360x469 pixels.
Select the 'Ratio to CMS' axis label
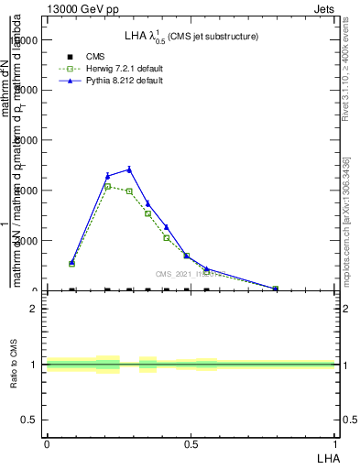coord(15,365)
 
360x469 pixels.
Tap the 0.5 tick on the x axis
coord(191,444)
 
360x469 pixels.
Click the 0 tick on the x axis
coord(47,444)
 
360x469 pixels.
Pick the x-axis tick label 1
coord(334,444)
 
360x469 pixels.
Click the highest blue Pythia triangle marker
coord(129,169)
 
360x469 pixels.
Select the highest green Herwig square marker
coord(108,186)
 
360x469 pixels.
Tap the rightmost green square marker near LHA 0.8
coord(276,289)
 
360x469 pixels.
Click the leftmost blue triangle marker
coord(72,262)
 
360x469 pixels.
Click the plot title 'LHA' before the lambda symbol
coord(136,37)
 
